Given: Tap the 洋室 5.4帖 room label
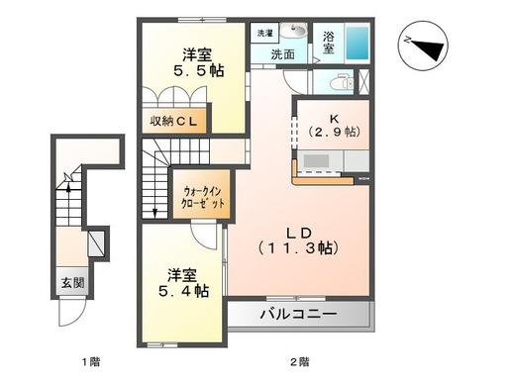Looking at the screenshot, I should [x=186, y=282].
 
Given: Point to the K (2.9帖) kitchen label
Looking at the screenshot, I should [x=333, y=125].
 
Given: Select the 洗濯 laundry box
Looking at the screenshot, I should [x=264, y=33].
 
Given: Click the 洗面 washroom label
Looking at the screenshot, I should [x=284, y=54].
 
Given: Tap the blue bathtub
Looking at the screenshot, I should [x=358, y=45].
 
